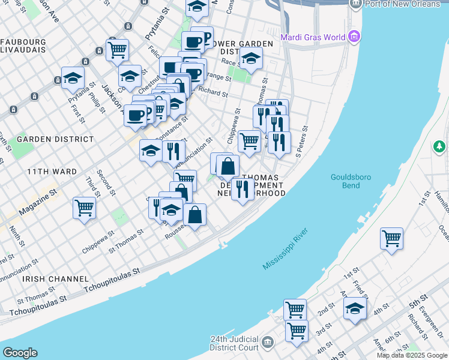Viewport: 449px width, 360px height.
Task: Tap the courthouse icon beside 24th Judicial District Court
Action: click(268, 343)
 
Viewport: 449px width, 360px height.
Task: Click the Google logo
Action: click(20, 352)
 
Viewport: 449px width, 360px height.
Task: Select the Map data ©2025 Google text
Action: click(411, 355)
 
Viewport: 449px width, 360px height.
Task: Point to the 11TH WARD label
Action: click(52, 172)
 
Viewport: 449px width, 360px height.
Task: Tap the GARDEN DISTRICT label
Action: click(55, 139)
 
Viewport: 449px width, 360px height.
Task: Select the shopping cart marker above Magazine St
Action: click(84, 208)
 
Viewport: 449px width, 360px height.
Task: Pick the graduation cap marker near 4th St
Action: click(355, 308)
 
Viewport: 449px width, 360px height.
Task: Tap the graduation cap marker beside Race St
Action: click(250, 59)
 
